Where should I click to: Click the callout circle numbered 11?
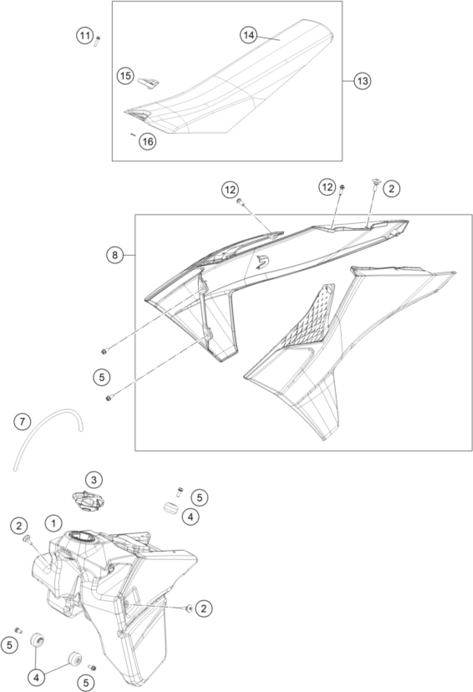point(85,37)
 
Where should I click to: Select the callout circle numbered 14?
point(248,35)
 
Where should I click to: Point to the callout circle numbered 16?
point(148,141)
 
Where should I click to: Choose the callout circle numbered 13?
point(362,81)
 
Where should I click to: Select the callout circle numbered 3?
point(94,480)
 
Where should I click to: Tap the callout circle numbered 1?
point(54,523)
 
